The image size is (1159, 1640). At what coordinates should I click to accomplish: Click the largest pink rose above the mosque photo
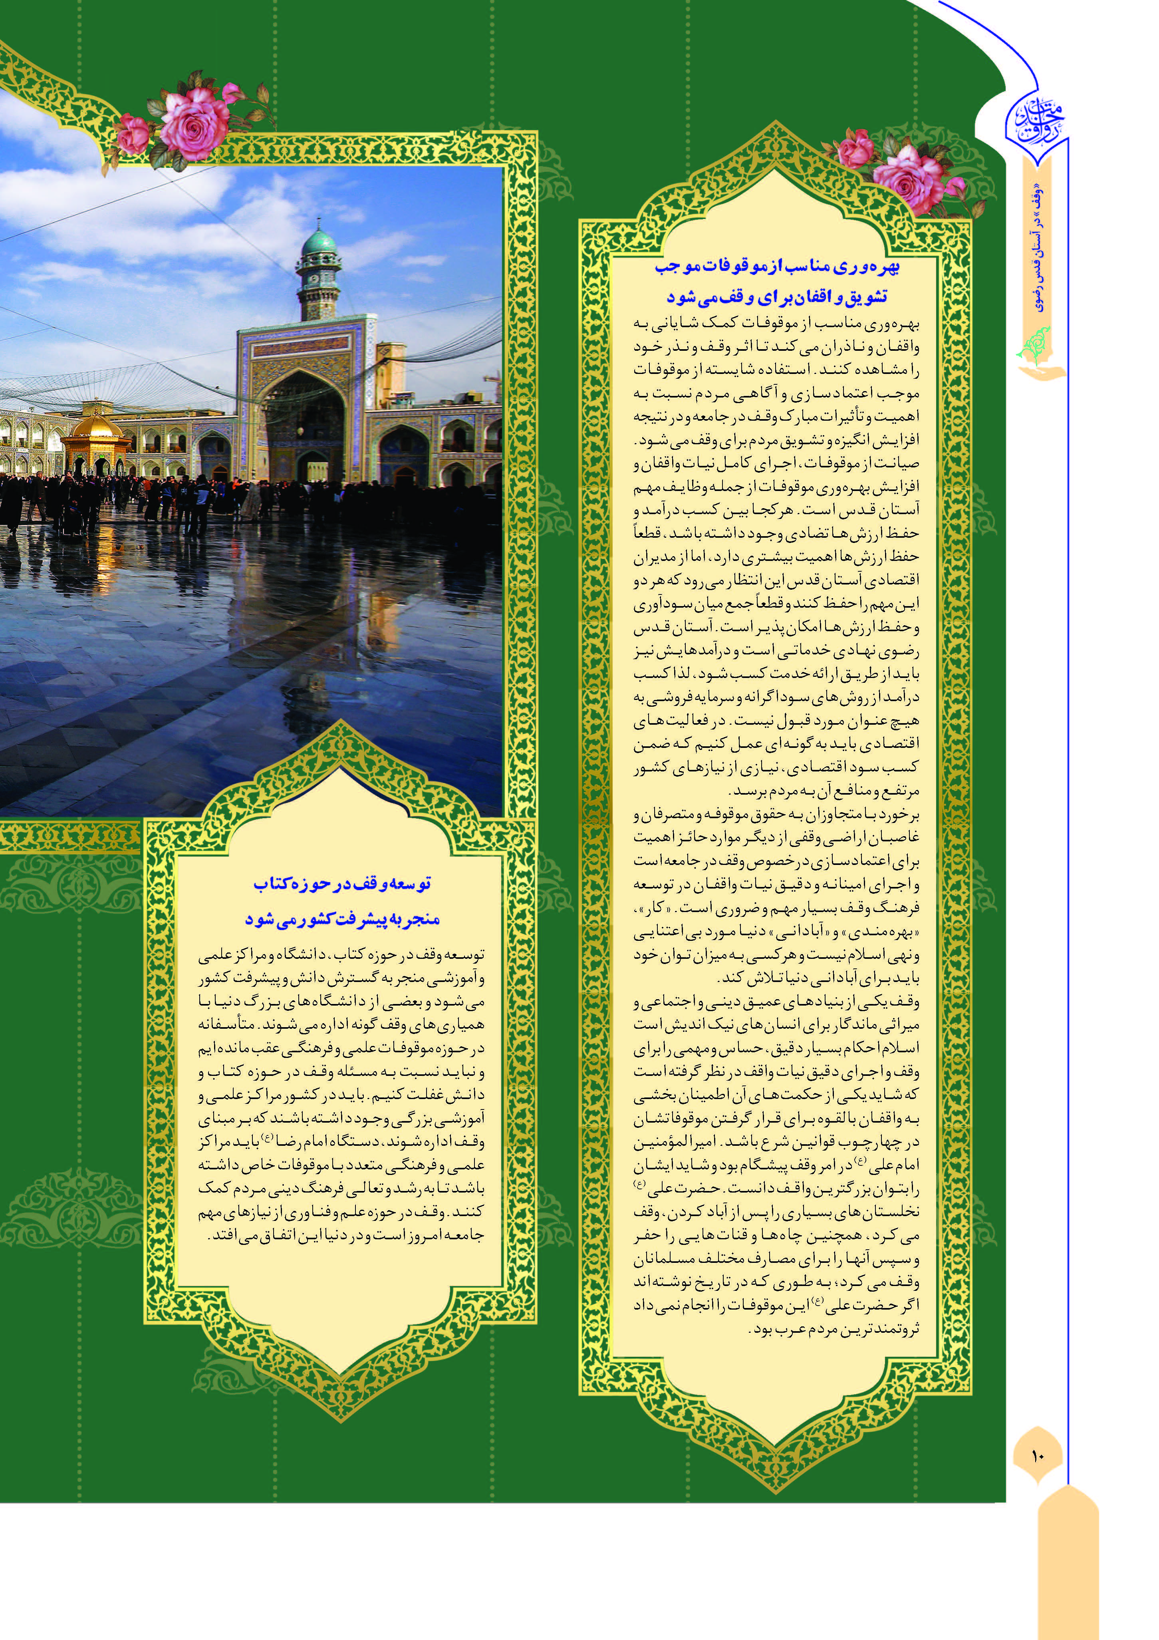coord(194,123)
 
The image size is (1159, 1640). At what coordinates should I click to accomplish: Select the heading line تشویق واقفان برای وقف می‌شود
coord(777,296)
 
